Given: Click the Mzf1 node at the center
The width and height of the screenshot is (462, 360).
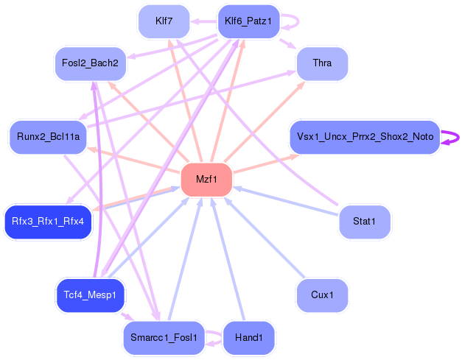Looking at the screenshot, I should click(207, 180).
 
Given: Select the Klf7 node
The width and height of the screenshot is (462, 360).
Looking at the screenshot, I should click(164, 21).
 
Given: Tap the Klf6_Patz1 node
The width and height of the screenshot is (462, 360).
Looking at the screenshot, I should click(248, 21).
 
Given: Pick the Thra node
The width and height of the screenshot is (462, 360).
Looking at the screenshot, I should click(322, 63).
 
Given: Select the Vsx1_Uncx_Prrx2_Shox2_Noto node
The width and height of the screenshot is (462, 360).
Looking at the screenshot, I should click(365, 137).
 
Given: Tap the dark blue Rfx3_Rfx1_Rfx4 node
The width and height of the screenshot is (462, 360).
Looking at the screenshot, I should click(48, 222).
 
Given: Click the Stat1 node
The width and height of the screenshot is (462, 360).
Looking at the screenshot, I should click(364, 222).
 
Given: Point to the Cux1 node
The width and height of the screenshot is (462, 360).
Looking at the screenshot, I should click(322, 295).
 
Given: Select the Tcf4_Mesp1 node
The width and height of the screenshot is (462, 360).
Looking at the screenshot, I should click(91, 295).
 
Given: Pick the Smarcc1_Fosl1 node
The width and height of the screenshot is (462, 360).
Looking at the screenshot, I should click(164, 338).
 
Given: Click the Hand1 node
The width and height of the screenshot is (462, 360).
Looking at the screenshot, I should click(248, 338).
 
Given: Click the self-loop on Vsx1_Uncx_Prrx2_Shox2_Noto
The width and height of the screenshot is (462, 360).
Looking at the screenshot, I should click(452, 137).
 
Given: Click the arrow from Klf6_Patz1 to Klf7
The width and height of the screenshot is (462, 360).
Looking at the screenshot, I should click(203, 21).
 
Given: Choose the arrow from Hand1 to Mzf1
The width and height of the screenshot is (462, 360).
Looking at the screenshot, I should click(227, 258).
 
